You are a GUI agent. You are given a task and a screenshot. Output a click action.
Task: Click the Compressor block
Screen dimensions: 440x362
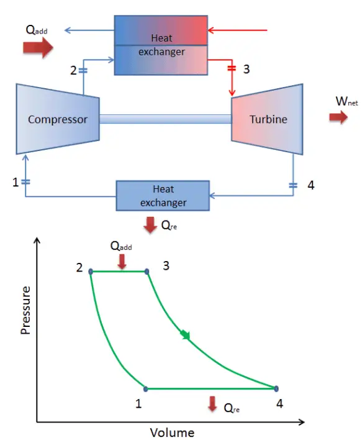(57, 119)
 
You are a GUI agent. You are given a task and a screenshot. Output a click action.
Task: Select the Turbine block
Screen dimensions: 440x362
(268, 119)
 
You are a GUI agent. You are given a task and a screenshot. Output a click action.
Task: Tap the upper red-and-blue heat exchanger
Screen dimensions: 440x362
(161, 45)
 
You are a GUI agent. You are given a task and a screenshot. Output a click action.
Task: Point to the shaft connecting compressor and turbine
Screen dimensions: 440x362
(165, 119)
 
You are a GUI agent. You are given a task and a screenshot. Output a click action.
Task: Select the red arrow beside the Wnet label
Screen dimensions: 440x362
(338, 118)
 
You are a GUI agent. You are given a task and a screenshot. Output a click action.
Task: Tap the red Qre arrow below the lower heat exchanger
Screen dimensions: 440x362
(150, 226)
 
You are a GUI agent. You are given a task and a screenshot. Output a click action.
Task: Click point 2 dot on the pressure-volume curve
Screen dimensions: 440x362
(91, 272)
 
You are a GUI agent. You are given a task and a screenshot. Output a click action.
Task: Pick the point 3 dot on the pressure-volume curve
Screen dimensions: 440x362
(147, 272)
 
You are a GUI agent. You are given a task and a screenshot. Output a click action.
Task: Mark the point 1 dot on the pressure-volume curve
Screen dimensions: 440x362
(146, 389)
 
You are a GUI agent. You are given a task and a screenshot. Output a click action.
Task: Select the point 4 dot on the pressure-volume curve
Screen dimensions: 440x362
(275, 389)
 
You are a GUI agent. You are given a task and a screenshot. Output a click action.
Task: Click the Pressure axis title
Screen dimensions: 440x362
(26, 310)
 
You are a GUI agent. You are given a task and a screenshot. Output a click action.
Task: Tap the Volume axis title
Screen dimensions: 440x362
(172, 432)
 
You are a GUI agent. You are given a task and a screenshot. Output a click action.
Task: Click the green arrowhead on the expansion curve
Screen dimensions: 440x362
(185, 336)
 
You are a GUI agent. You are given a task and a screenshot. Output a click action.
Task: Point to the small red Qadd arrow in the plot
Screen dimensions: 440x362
(122, 262)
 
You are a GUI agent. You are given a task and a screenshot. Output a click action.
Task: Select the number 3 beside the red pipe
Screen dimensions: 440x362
(247, 69)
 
